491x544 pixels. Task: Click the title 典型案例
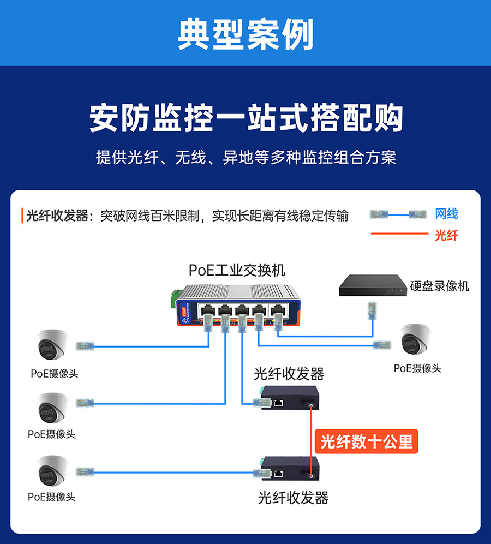point(245,34)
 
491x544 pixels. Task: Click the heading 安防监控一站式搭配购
point(245,117)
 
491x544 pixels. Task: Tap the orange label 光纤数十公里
point(367,441)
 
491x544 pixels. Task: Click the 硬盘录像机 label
point(439,285)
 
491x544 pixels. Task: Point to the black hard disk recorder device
point(373,285)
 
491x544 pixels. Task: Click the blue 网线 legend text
point(446,214)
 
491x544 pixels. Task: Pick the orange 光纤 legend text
point(446,236)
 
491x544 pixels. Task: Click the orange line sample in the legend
point(398,235)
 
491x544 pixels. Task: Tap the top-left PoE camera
point(52,345)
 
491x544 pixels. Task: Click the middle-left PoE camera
point(52,407)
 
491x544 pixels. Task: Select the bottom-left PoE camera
point(52,470)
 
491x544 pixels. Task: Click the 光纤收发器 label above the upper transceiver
point(289,374)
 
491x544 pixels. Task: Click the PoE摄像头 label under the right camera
point(417,368)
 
